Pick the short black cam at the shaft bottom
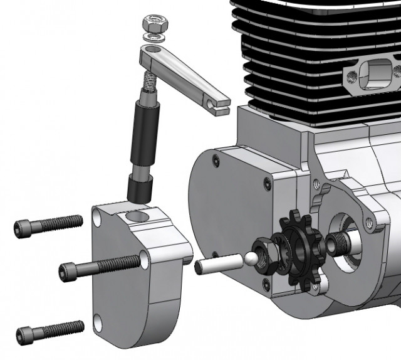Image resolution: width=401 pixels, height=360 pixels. click(x=139, y=188)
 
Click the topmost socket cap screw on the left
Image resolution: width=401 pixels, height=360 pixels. click(x=46, y=224)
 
